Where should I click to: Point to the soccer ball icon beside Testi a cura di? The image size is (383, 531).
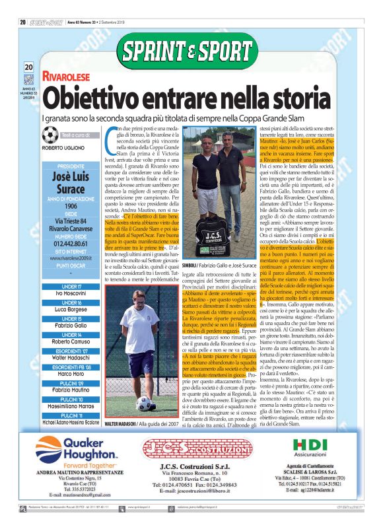[50, 135]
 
